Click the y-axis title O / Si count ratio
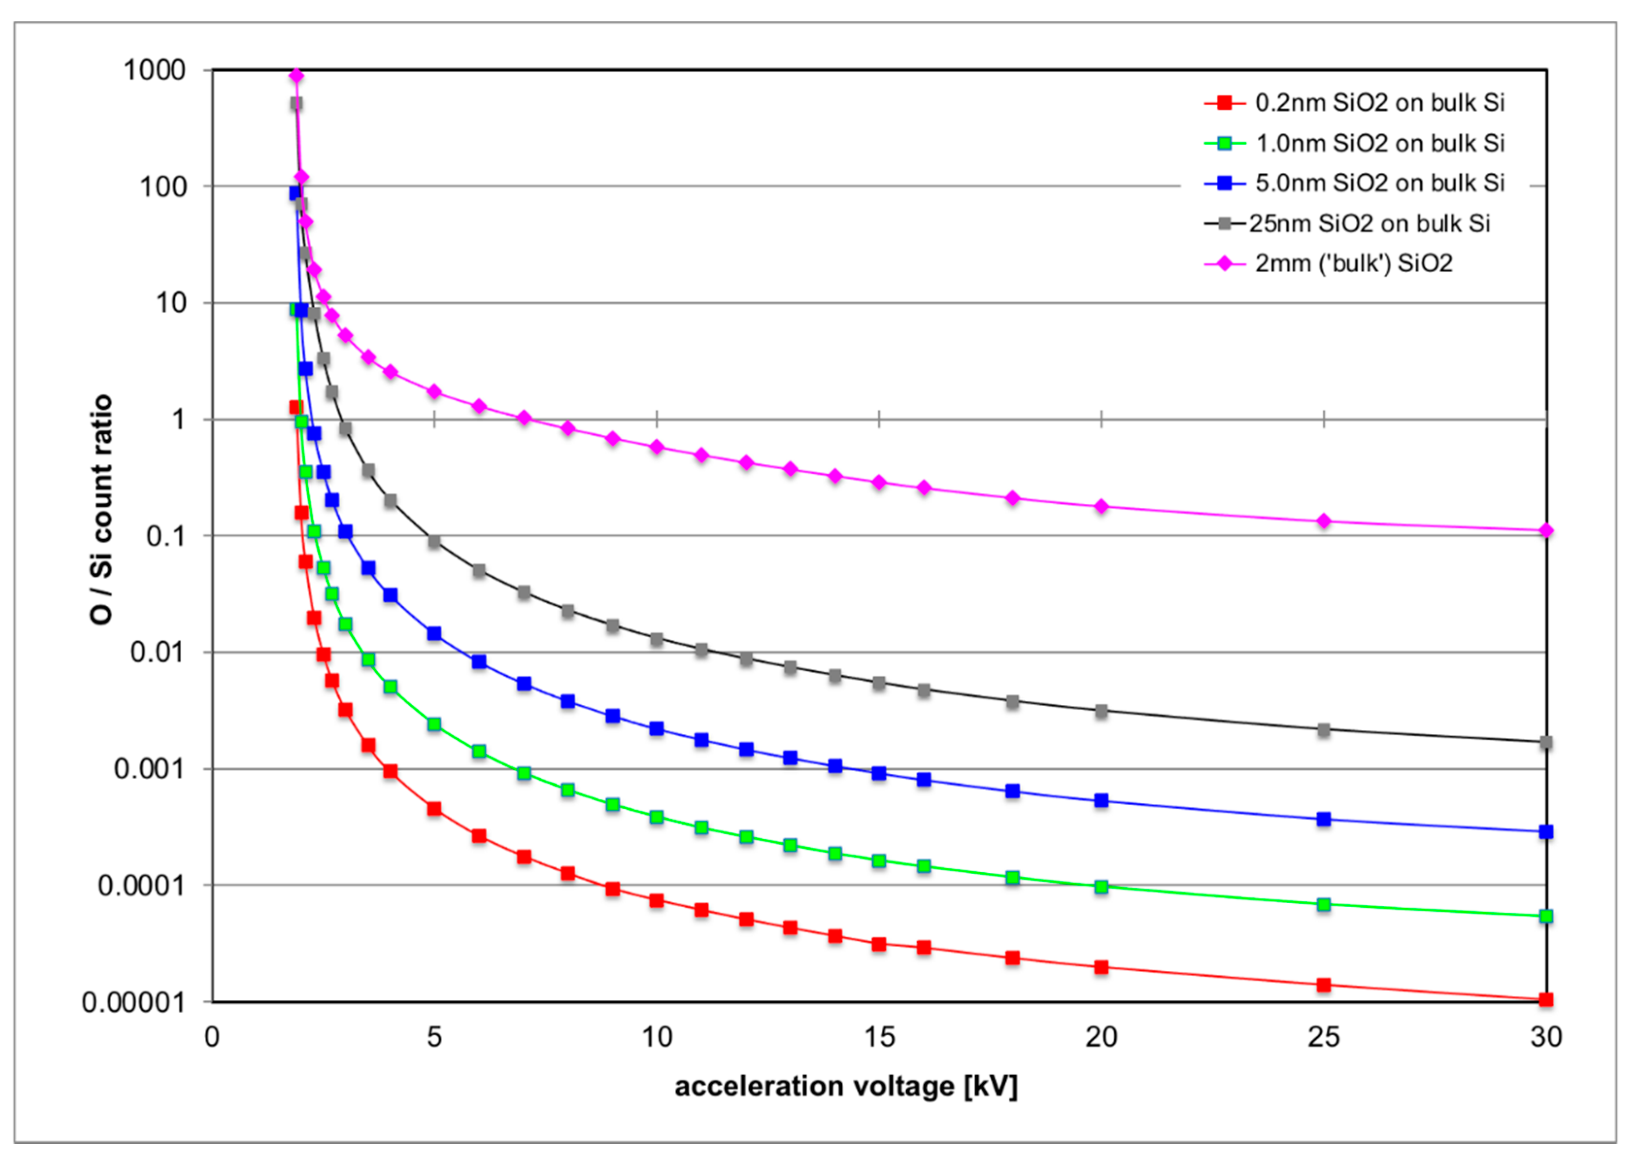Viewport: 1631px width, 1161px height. tap(101, 509)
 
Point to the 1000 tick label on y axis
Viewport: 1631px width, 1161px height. tap(154, 70)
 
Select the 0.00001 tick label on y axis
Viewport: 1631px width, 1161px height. tap(133, 1002)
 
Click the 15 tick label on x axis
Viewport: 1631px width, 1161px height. tap(879, 1037)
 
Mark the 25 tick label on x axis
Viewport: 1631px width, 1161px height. tap(1324, 1037)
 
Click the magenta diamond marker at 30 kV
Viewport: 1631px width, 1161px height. tap(1546, 531)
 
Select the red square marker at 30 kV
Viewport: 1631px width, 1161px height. tap(1546, 999)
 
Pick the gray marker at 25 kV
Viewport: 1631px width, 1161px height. tap(1324, 730)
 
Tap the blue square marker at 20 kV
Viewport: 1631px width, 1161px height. tap(1101, 801)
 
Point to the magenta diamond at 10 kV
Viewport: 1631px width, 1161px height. tap(656, 448)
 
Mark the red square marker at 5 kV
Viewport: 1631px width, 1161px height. tap(434, 809)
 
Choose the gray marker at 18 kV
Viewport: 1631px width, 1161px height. tap(1013, 702)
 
